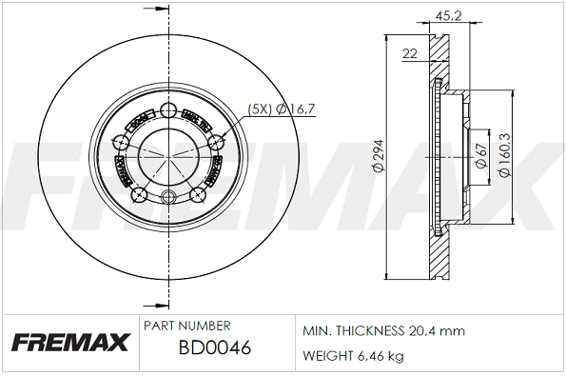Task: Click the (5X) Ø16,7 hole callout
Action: [x=280, y=109]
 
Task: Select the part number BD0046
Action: [x=214, y=348]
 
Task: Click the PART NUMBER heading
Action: [x=186, y=325]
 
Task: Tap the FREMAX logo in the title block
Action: [x=68, y=341]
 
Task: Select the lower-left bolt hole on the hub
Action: [x=141, y=195]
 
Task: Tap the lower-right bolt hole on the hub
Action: [x=199, y=195]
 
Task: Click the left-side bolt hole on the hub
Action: [x=122, y=143]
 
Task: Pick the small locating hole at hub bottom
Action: [x=169, y=198]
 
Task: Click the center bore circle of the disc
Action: [x=169, y=158]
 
